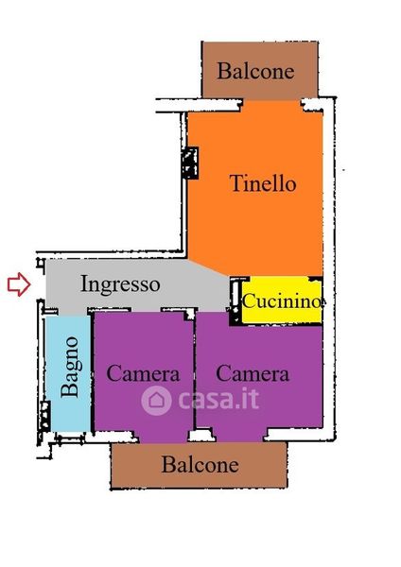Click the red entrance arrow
tap(19, 284)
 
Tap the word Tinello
tap(263, 183)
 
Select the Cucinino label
tap(282, 301)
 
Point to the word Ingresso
tap(120, 284)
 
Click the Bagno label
tap(70, 367)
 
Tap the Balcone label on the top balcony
tap(255, 71)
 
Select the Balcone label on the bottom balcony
tap(200, 465)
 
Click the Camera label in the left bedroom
tap(144, 373)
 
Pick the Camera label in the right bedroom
tap(253, 373)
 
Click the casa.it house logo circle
tap(156, 401)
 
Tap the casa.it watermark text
tap(219, 399)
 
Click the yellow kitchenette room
tap(282, 300)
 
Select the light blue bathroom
tap(69, 373)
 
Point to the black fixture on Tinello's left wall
tap(190, 163)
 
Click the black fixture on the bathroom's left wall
tap(44, 416)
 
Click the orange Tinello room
tap(255, 188)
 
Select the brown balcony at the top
tap(260, 70)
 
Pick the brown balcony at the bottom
tap(199, 465)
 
